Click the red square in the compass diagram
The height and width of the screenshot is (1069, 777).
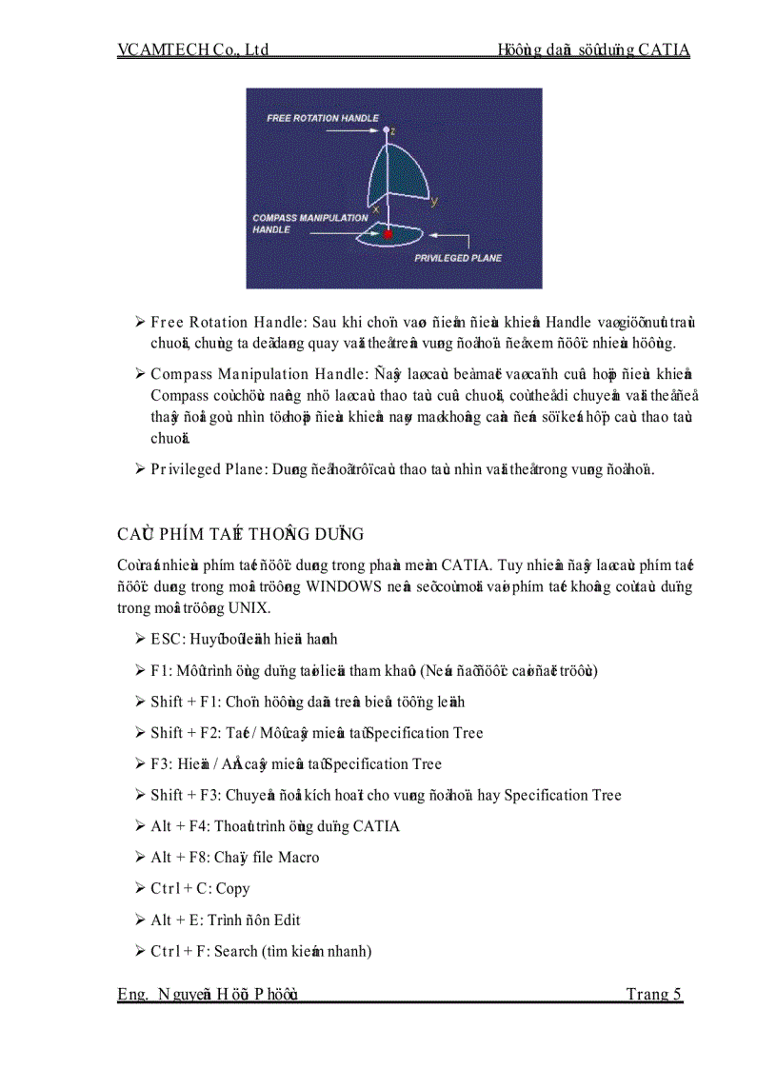pyautogui.click(x=388, y=233)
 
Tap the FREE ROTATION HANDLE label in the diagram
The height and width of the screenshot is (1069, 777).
pyautogui.click(x=322, y=118)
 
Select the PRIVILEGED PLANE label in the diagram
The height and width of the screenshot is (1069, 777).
pyautogui.click(x=457, y=258)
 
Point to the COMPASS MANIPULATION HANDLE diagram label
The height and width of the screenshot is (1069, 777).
pyautogui.click(x=309, y=224)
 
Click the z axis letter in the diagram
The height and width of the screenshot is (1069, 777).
pyautogui.click(x=391, y=124)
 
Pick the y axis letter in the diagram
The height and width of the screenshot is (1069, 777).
pyautogui.click(x=434, y=201)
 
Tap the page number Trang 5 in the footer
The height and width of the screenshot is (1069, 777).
pyautogui.click(x=653, y=994)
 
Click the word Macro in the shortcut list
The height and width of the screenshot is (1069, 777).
pyautogui.click(x=299, y=858)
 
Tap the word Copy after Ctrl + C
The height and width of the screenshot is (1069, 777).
pyautogui.click(x=233, y=888)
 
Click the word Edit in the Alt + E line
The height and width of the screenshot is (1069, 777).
pyautogui.click(x=287, y=920)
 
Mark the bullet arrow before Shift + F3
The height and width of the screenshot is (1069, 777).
pyautogui.click(x=140, y=795)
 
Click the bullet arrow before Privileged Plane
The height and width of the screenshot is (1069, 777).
pyautogui.click(x=140, y=468)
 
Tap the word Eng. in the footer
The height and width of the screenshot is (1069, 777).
pyautogui.click(x=132, y=994)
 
